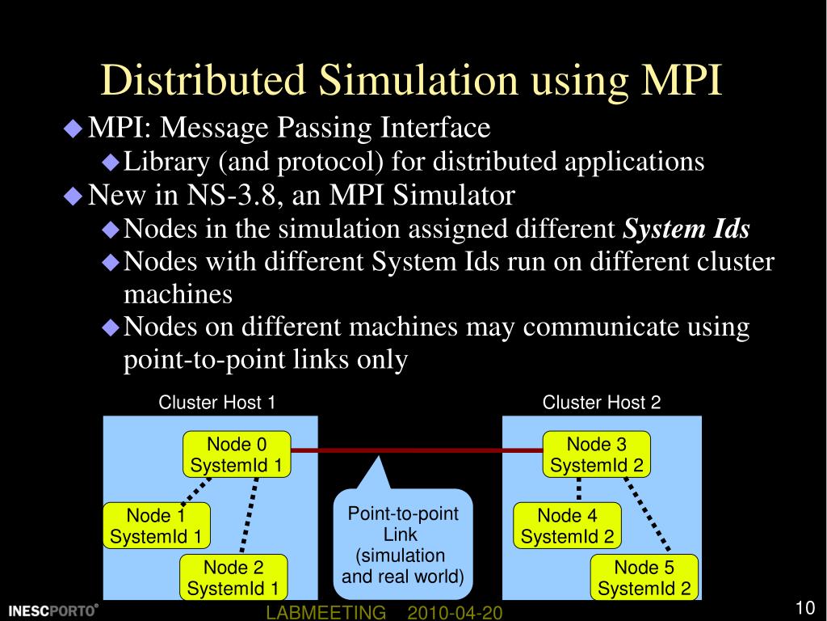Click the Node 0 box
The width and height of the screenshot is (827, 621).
[x=237, y=454]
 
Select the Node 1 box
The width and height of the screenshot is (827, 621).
[x=157, y=526]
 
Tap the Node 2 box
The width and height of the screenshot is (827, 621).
[x=233, y=577]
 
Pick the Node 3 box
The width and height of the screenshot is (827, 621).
[x=596, y=454]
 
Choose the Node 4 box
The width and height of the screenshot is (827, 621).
[x=567, y=526]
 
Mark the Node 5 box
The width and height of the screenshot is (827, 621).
[x=644, y=577]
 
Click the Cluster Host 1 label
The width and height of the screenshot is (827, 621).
[x=217, y=403]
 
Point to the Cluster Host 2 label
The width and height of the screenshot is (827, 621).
[x=602, y=403]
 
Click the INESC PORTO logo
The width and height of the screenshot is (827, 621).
[x=52, y=610]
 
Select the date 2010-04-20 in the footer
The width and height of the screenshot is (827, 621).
[x=455, y=614]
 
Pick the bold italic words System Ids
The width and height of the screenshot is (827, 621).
[x=686, y=230]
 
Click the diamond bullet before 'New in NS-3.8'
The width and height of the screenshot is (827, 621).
[x=73, y=196]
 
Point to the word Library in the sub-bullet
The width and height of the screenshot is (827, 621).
[x=168, y=162]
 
